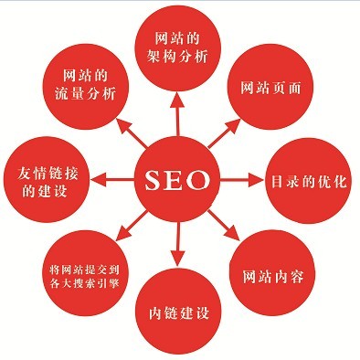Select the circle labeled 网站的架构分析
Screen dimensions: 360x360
coord(178,46)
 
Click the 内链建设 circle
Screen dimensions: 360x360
coord(178,314)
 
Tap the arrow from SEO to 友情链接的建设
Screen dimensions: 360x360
coord(116,179)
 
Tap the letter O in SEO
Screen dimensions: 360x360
coord(203,179)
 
